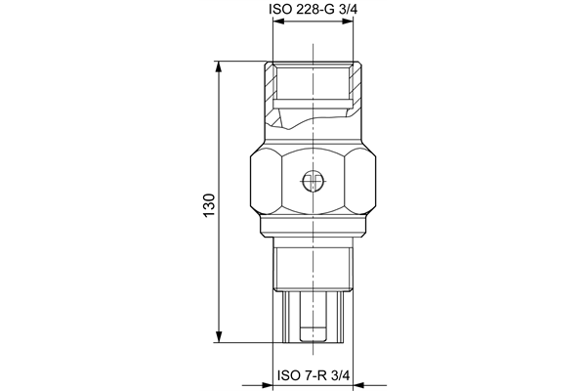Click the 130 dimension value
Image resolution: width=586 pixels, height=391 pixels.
[x=209, y=205]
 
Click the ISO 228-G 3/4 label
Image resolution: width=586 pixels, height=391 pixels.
[x=313, y=9]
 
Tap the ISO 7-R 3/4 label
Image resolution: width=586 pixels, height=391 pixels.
[x=314, y=375]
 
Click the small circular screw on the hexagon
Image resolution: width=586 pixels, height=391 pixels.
[x=313, y=182]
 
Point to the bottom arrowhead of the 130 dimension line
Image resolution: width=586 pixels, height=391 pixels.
[x=219, y=336]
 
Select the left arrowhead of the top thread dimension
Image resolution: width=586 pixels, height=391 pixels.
[x=278, y=22]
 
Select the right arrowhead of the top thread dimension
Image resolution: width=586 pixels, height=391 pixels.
[x=348, y=22]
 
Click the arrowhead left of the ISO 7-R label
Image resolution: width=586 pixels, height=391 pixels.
[x=268, y=384]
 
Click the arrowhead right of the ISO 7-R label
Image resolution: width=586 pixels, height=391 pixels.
[x=358, y=384]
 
